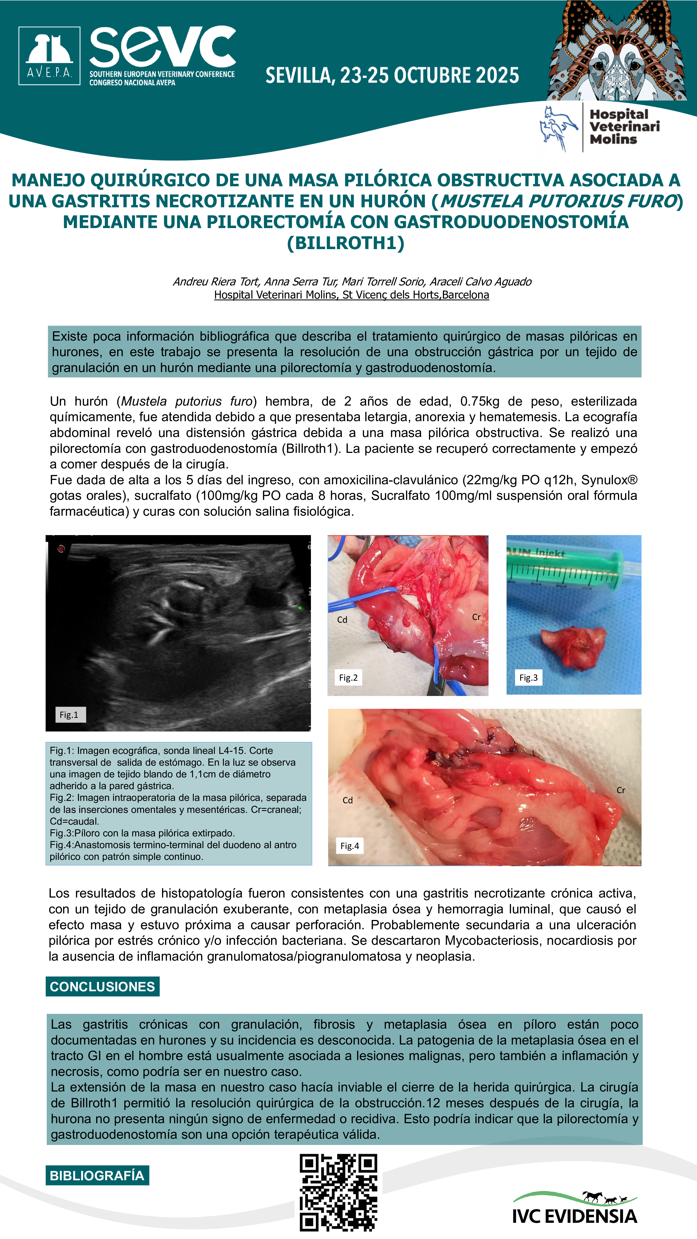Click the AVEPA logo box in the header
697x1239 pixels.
pyautogui.click(x=49, y=56)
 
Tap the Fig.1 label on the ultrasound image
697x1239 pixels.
pyautogui.click(x=69, y=715)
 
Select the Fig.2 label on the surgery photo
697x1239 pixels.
pyautogui.click(x=348, y=678)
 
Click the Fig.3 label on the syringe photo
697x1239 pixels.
pyautogui.click(x=528, y=678)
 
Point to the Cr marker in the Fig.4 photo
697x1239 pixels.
pyautogui.click(x=620, y=790)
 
